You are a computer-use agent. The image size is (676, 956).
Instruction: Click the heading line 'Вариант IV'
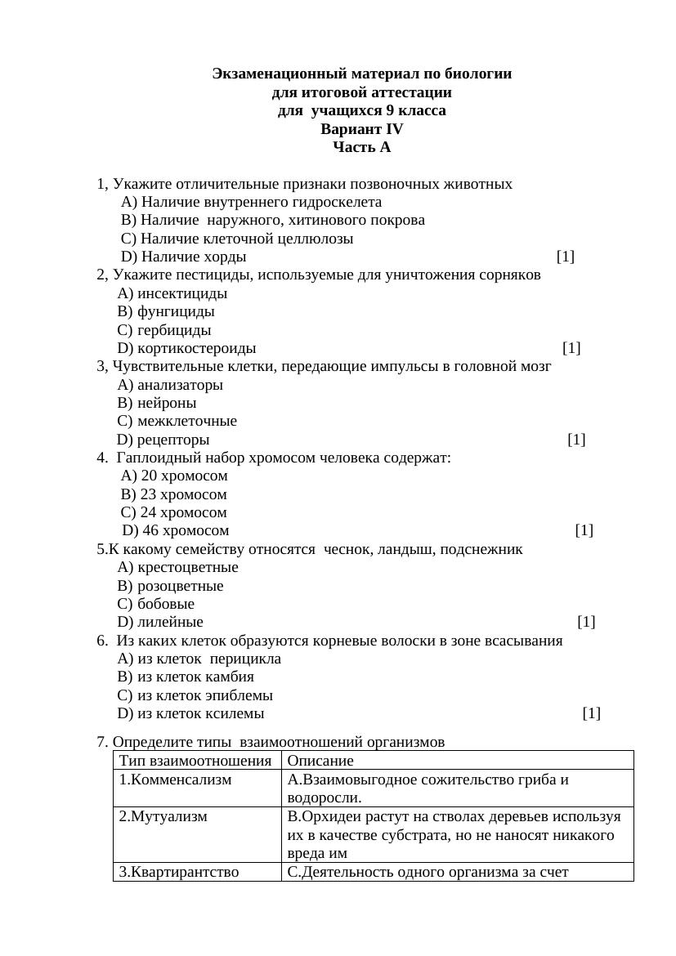pyautogui.click(x=361, y=129)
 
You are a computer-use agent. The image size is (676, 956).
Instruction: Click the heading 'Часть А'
pyautogui.click(x=361, y=147)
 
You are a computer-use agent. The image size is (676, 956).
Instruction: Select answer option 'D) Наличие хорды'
pyautogui.click(x=184, y=257)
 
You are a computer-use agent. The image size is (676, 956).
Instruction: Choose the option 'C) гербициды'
pyautogui.click(x=164, y=330)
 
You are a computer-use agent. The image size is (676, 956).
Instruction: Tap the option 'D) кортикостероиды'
pyautogui.click(x=186, y=349)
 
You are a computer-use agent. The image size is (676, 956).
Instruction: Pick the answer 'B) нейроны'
pyautogui.click(x=157, y=403)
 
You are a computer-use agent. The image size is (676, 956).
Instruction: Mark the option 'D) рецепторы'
pyautogui.click(x=163, y=440)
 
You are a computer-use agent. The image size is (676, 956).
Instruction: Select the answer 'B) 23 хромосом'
pyautogui.click(x=174, y=494)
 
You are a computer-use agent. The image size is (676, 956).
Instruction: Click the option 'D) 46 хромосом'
pyautogui.click(x=175, y=531)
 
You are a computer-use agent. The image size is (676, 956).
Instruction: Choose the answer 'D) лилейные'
pyautogui.click(x=160, y=623)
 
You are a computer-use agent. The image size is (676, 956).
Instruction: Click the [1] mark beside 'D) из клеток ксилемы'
pyautogui.click(x=592, y=713)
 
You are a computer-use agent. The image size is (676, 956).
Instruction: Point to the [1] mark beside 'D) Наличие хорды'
pyautogui.click(x=566, y=257)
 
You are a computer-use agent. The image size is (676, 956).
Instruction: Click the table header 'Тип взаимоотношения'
pyautogui.click(x=195, y=761)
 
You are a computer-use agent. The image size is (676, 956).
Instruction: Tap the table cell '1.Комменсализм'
pyautogui.click(x=175, y=780)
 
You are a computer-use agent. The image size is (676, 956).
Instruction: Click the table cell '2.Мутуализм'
pyautogui.click(x=163, y=816)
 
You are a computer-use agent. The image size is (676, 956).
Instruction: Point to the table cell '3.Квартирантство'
pyautogui.click(x=178, y=872)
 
